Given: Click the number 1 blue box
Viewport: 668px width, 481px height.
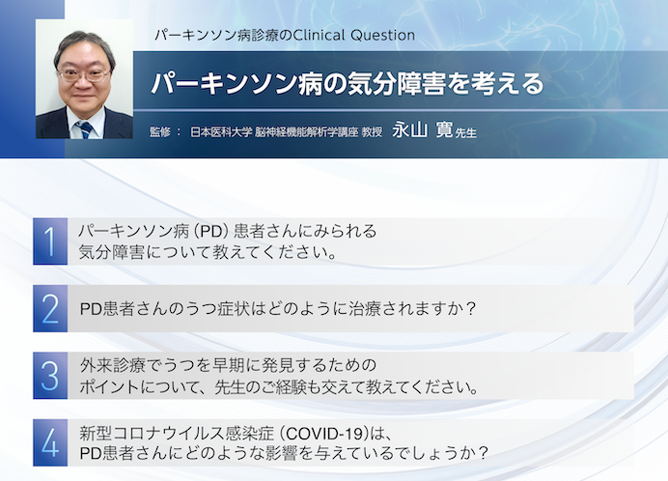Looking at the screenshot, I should coord(49,241).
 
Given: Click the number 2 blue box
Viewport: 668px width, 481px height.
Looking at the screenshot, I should coord(49,308).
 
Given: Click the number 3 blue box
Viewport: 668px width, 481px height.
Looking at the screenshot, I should coord(49,375).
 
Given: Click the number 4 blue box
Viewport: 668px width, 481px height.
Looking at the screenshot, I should coord(49,441).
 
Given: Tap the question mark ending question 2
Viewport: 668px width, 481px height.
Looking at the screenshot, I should coord(472,309).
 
